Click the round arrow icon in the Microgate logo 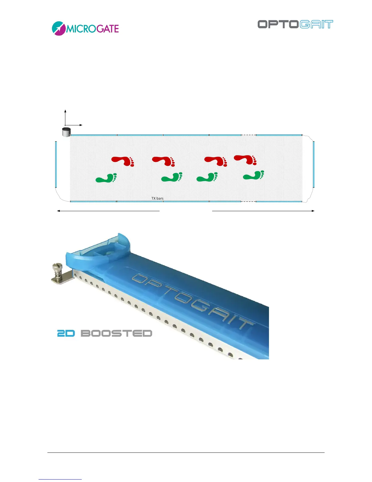pos(59,29)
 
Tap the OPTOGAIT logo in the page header pos(295,24)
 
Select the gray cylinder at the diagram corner pos(66,132)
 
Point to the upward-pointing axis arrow pos(65,111)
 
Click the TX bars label pos(157,198)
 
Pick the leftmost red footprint pos(123,161)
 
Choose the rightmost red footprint pos(245,159)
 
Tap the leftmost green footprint pos(106,178)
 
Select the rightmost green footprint pos(254,176)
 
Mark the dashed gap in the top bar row pos(249,135)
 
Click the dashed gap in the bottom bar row pos(249,201)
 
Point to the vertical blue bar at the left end pos(56,164)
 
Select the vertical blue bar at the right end pos(314,164)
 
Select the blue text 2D pos(66,334)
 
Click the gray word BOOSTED pos(116,334)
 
